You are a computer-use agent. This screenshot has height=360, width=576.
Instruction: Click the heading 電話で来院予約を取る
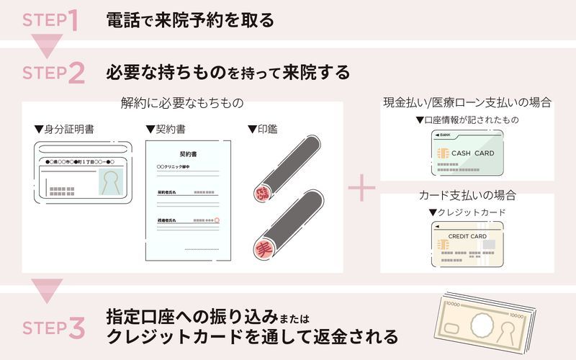(x=190, y=20)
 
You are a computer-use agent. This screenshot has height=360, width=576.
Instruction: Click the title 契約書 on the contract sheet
(x=189, y=154)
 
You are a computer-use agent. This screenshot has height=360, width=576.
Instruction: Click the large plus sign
(x=361, y=190)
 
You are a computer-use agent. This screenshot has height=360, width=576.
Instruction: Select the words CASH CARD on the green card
(x=472, y=153)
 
